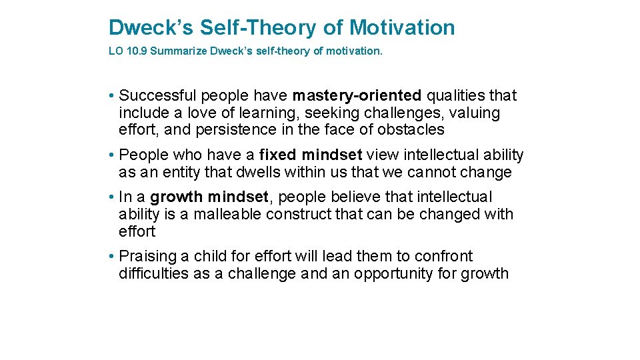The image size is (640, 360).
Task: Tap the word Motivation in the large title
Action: pos(402,27)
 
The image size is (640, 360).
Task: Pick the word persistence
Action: pos(225,130)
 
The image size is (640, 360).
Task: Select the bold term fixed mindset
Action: pos(311,155)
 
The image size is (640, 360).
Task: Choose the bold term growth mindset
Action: pos(209,197)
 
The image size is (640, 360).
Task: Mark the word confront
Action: pos(443,257)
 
